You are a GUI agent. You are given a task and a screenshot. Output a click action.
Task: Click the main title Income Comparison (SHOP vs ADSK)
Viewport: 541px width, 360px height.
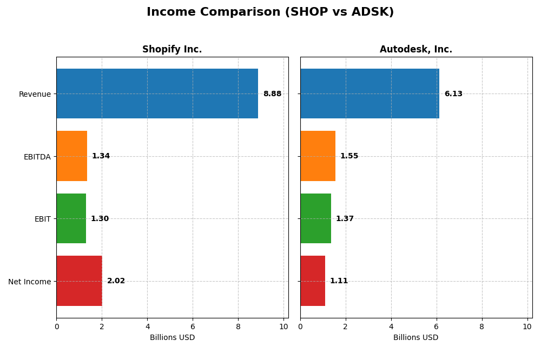[270, 12]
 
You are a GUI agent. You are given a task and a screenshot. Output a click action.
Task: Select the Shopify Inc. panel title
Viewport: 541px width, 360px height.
[172, 49]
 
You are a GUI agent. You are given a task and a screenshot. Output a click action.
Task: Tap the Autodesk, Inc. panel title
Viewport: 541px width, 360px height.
[415, 49]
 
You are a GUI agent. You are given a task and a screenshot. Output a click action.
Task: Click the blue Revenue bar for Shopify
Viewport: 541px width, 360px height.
[157, 94]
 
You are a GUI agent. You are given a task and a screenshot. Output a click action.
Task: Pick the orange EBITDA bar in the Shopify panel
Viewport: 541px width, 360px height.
[71, 156]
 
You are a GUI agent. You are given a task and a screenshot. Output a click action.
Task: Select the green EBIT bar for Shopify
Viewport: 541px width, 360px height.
[71, 218]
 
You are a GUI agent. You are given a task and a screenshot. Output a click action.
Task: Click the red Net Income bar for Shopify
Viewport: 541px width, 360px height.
[79, 281]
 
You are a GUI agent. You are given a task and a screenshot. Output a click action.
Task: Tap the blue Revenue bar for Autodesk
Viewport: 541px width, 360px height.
[370, 94]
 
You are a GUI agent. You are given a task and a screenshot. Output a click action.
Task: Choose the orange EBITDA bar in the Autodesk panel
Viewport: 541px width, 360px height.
[318, 156]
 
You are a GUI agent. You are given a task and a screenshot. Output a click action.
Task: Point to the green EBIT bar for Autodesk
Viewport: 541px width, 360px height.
[315, 218]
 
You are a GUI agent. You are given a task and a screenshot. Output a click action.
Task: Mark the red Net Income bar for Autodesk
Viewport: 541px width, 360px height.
[313, 281]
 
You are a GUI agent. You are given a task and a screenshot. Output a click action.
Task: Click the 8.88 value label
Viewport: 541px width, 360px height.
[272, 94]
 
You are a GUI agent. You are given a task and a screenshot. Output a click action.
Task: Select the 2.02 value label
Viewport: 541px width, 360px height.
[116, 281]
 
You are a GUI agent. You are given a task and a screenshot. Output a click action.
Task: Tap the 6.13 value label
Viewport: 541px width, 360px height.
[453, 94]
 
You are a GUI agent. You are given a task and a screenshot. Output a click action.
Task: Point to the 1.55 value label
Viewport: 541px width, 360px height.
[349, 156]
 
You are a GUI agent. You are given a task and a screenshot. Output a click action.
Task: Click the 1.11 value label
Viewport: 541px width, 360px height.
[339, 281]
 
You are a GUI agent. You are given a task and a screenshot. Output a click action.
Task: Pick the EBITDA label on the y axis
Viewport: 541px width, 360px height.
[37, 157]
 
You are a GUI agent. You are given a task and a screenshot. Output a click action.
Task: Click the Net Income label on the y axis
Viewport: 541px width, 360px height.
[29, 282]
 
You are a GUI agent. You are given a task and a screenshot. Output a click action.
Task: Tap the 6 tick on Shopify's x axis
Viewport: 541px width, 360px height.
[193, 326]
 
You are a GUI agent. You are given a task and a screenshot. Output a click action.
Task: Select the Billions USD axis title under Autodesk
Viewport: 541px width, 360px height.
[415, 338]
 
